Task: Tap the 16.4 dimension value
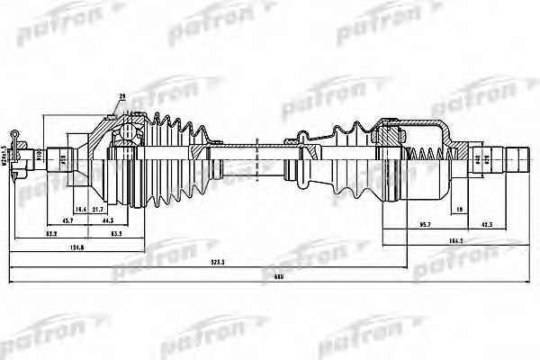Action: [81, 209]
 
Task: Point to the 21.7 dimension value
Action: [97, 209]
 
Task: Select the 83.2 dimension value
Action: [51, 234]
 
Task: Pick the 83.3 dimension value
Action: [116, 234]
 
